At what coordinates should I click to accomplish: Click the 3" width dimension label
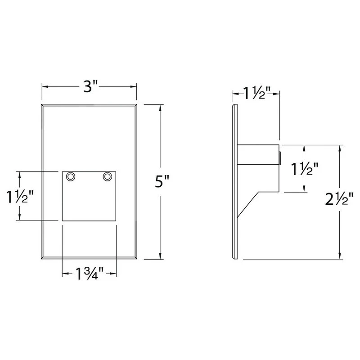(x=89, y=86)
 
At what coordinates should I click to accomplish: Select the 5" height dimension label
(x=161, y=181)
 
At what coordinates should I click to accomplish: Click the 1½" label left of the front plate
(x=20, y=197)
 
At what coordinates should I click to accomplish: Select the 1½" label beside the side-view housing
(x=305, y=169)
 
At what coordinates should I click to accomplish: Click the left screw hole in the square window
(x=70, y=177)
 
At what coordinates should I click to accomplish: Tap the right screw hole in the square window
(x=107, y=177)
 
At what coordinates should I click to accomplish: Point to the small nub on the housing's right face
(x=280, y=158)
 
